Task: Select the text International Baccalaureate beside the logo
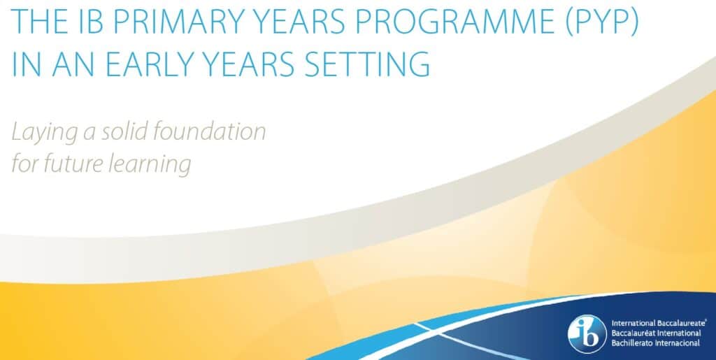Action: pos(659,323)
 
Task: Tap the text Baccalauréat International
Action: pos(656,333)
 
